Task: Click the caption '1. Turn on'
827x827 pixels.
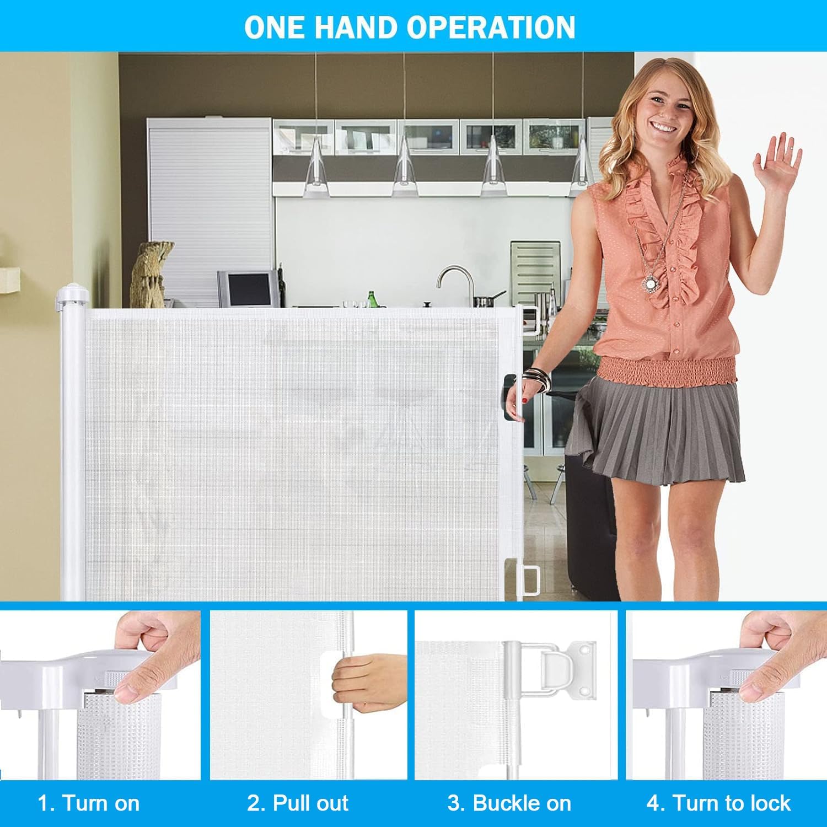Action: point(89,803)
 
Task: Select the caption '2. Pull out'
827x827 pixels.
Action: point(298,803)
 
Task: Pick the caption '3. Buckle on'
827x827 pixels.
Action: point(509,803)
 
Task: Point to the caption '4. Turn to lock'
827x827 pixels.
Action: point(719,803)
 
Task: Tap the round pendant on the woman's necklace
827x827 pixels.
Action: point(650,283)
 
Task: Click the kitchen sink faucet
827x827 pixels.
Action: point(455,284)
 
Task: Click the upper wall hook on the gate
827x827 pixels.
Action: point(530,320)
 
